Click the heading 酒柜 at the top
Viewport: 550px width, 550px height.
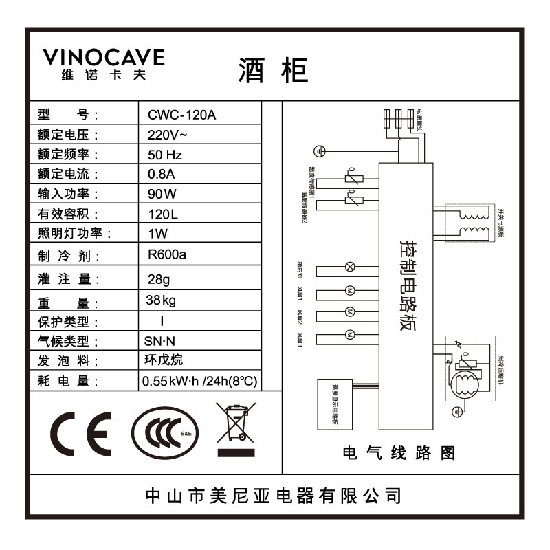coord(274,69)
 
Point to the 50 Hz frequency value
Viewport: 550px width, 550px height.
coord(165,154)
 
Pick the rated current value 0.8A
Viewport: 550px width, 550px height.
coord(162,174)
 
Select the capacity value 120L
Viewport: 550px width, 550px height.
coord(163,214)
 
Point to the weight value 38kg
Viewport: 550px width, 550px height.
coord(161,300)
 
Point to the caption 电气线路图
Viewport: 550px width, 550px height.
coord(398,453)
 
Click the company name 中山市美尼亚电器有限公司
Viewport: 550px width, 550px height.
coord(274,495)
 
